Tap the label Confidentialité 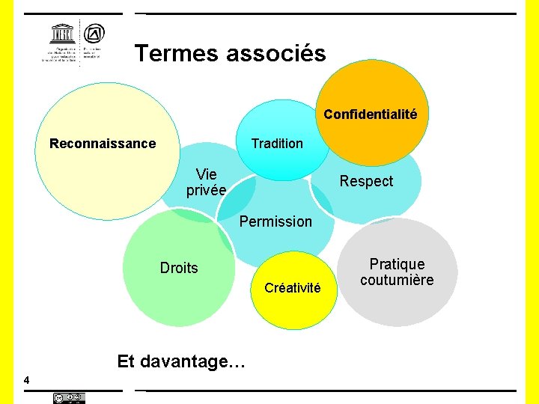click(x=370, y=114)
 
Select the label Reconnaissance click(x=103, y=144)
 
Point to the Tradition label click(x=277, y=144)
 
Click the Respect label click(x=366, y=181)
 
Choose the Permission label click(x=275, y=221)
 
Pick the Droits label click(x=179, y=268)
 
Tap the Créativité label click(x=293, y=288)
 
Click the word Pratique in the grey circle click(x=397, y=264)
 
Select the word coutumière click(x=397, y=281)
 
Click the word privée click(x=206, y=191)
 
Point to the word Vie click(x=207, y=175)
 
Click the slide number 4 click(x=27, y=381)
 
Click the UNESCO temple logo click(x=61, y=34)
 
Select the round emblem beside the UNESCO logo click(x=94, y=34)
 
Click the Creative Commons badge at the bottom click(x=69, y=398)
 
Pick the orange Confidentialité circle click(x=382, y=90)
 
